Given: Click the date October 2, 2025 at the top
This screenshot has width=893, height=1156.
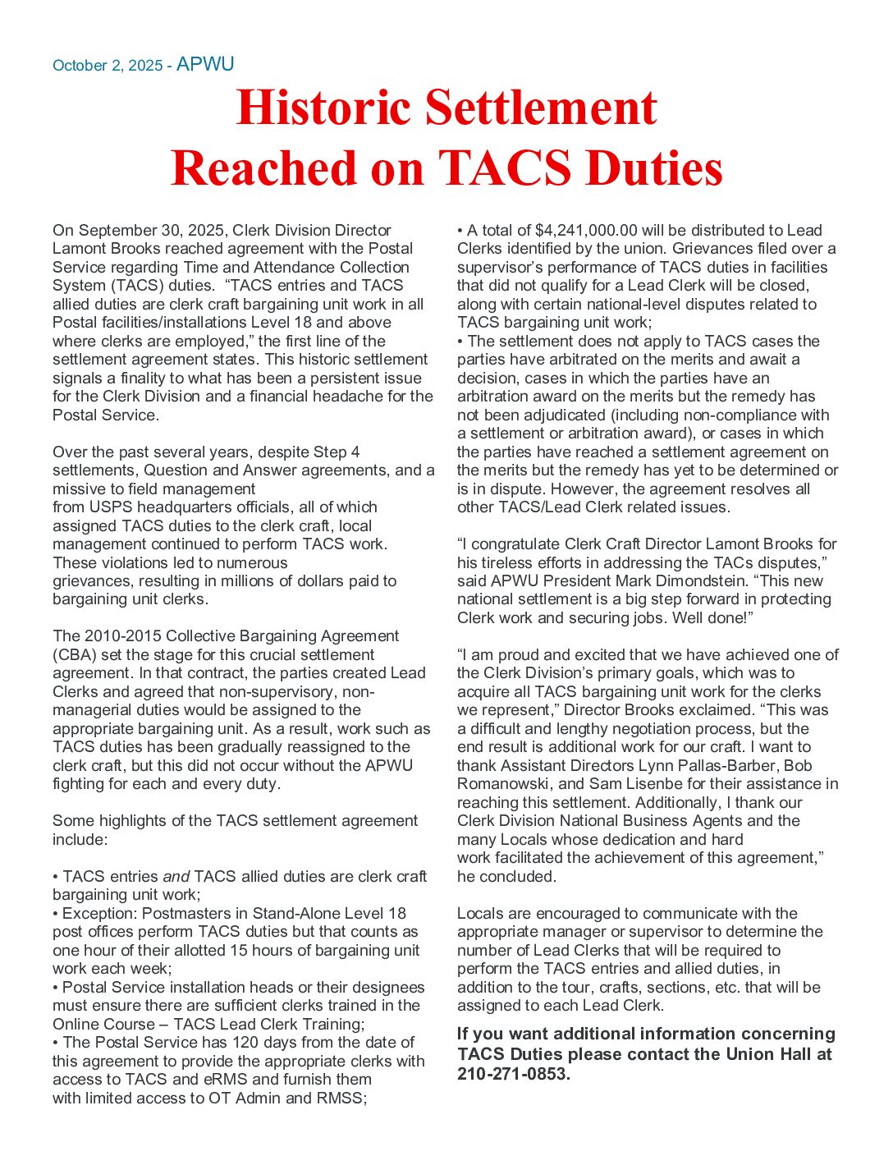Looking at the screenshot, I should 108,66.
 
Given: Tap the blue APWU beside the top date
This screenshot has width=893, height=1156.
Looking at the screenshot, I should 205,64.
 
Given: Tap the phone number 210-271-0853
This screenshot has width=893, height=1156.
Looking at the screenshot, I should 512,1074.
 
